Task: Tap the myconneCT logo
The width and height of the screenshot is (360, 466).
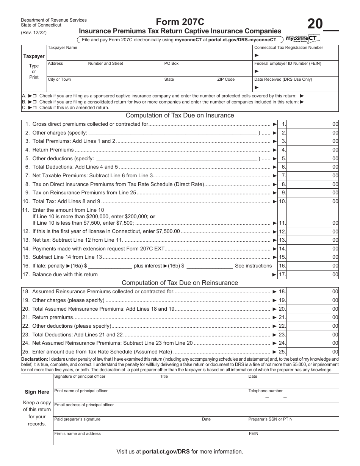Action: click(303, 38)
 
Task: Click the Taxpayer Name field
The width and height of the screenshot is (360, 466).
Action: click(149, 55)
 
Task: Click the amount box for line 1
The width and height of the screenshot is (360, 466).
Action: click(309, 124)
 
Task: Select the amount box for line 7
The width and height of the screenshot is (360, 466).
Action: click(309, 176)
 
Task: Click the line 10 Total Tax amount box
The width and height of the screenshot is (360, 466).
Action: click(309, 202)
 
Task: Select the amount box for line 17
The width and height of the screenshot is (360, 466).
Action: click(309, 274)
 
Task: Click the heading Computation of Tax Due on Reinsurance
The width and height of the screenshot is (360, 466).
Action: click(180, 283)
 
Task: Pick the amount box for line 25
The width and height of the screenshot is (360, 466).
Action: click(309, 352)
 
